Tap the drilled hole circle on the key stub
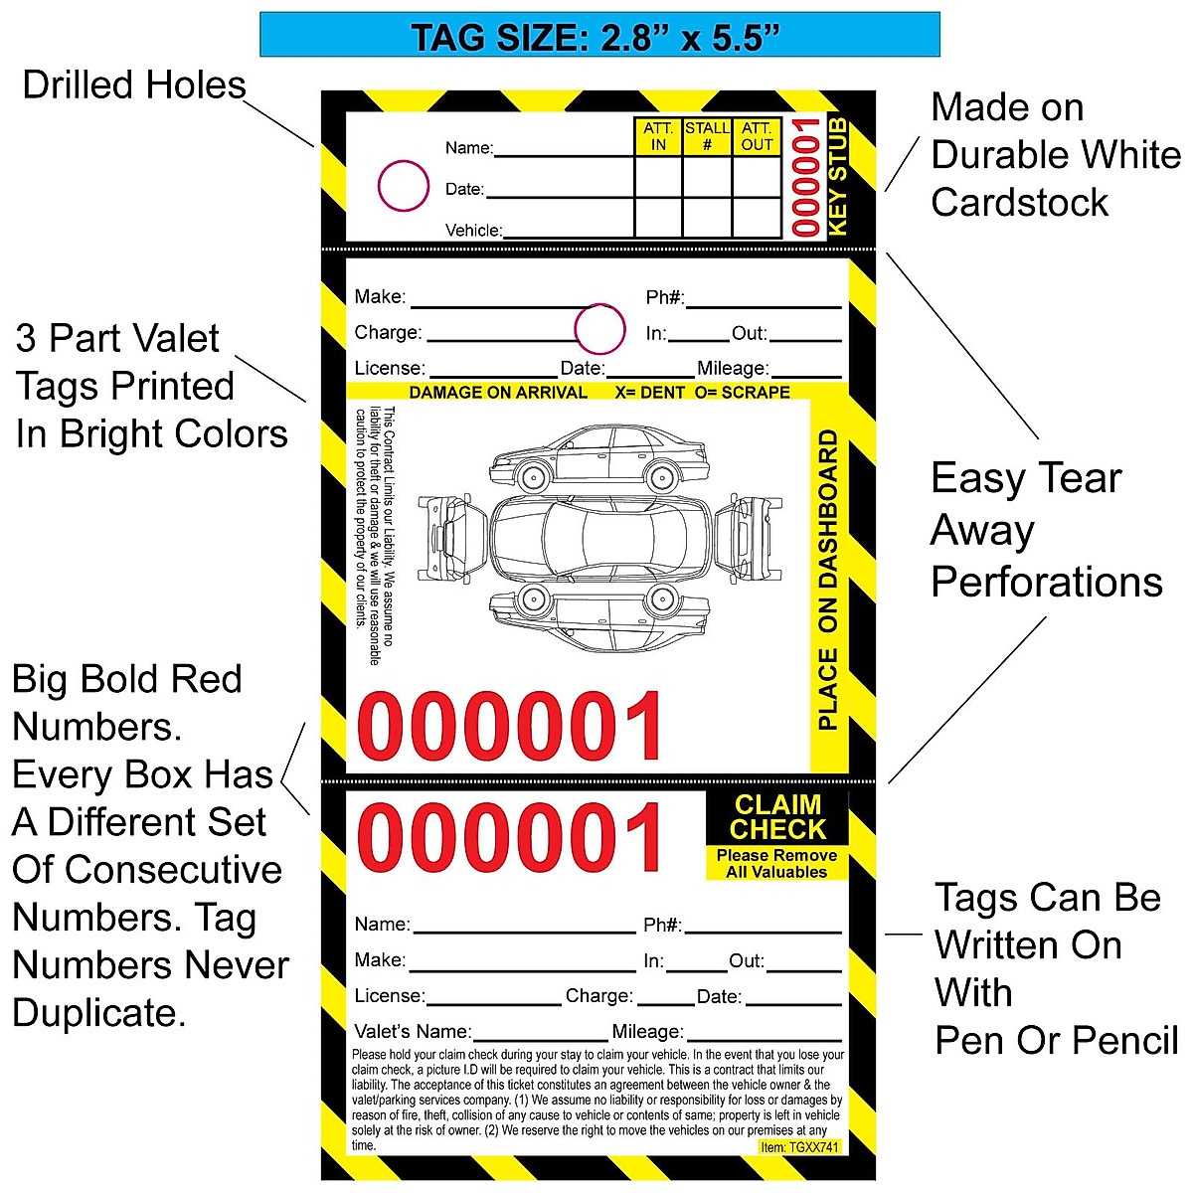[x=403, y=186]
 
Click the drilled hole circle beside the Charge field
[x=599, y=329]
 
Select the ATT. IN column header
[x=658, y=136]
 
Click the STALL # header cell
[x=707, y=136]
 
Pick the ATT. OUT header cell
[x=757, y=136]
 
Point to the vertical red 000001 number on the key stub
[x=805, y=177]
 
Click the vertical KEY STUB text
[x=838, y=177]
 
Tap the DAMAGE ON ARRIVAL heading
[x=498, y=393]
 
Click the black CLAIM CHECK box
[x=777, y=817]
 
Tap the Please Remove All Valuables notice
[x=776, y=864]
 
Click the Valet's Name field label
[x=413, y=1031]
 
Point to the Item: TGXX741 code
[x=799, y=1147]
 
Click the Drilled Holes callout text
[x=134, y=85]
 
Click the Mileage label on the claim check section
[x=647, y=1031]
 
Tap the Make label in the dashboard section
[x=380, y=296]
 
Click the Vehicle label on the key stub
[x=473, y=230]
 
